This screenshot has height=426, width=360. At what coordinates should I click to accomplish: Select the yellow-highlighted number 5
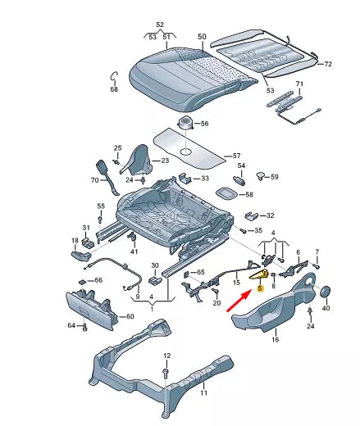260,288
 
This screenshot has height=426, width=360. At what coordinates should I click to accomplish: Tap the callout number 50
203,37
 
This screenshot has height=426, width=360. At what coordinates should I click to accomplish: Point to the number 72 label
328,63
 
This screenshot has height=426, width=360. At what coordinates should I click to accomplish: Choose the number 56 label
204,124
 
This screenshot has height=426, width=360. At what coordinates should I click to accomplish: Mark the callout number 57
237,155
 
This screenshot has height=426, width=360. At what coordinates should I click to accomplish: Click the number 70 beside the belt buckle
94,179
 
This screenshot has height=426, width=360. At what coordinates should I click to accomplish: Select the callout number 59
274,177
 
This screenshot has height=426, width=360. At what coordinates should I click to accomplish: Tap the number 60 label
129,316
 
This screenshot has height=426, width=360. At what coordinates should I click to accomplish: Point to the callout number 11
204,393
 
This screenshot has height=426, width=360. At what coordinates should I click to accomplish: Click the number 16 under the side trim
275,338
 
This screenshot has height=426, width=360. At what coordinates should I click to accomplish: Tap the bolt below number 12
166,372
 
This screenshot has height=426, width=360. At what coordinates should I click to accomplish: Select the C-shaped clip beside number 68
115,77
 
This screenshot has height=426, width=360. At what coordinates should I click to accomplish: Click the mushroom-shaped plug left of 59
261,176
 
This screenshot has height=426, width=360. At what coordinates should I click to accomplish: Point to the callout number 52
160,25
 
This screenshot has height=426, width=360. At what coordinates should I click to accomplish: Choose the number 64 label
71,326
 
